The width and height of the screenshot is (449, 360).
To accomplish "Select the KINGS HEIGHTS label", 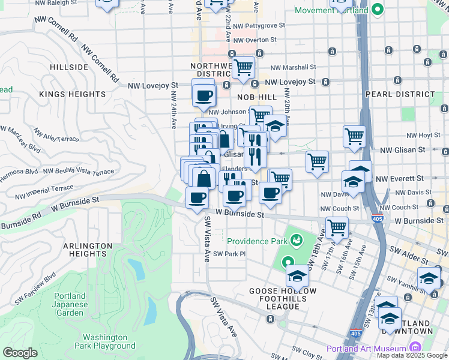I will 72,94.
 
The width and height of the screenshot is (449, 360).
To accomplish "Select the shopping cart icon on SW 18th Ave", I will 337,227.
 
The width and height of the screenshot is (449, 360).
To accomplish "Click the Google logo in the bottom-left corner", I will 20,353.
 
